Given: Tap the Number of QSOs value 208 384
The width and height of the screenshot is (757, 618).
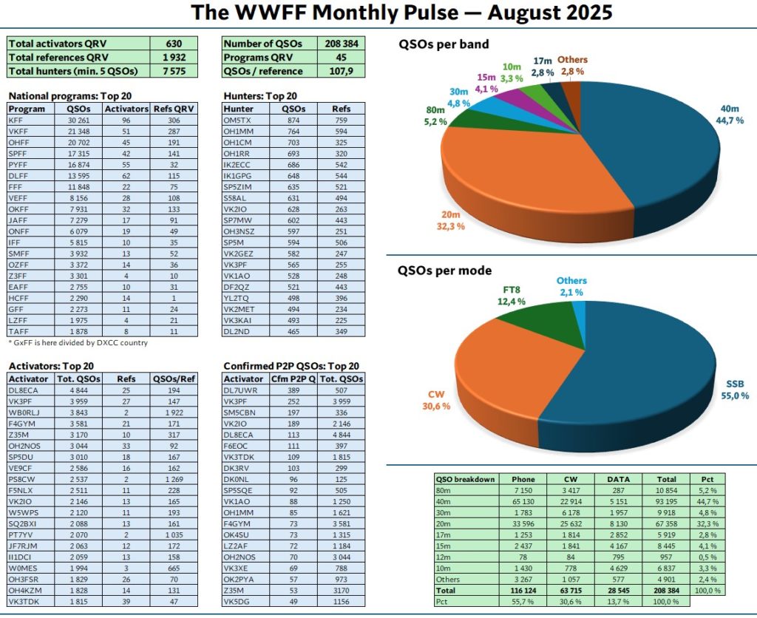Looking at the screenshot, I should [x=342, y=44].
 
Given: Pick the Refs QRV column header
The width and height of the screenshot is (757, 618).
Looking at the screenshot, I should [x=174, y=108].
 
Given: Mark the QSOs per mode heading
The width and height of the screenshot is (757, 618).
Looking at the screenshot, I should [x=444, y=271].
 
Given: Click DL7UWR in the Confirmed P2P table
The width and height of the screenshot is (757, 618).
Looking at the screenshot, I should [x=240, y=390].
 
